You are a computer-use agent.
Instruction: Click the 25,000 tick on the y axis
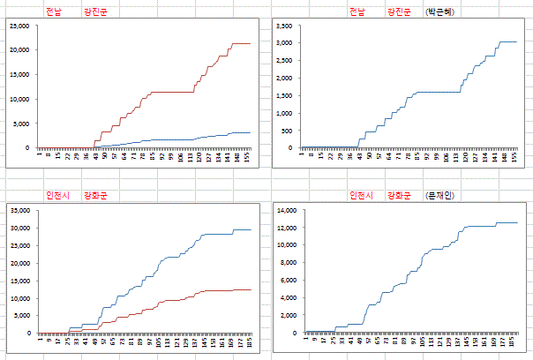(18, 26)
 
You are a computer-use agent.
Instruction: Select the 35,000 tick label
(18, 210)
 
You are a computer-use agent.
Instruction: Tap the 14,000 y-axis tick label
(288, 210)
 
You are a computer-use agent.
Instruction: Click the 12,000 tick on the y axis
(288, 228)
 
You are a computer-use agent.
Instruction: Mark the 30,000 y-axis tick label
(18, 228)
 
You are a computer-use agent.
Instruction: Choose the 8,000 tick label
(289, 263)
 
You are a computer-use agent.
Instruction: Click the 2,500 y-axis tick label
(283, 61)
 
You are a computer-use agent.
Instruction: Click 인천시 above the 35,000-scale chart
(58, 195)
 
